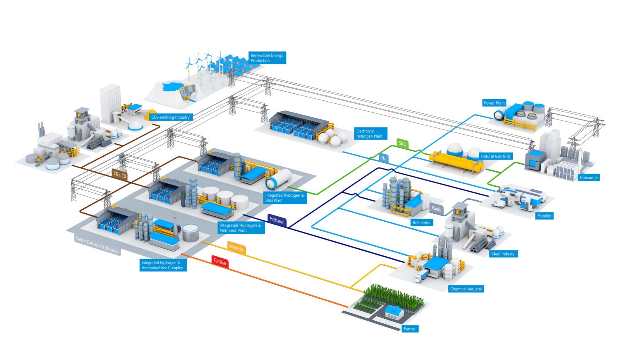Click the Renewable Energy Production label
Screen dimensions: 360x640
(267, 58)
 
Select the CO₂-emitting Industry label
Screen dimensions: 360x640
(171, 117)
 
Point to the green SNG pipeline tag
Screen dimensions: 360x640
(402, 144)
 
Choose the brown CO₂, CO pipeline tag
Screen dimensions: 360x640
(120, 175)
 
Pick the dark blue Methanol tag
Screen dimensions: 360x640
(277, 220)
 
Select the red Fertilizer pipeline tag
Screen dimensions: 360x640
(220, 262)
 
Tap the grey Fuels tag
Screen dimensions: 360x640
(436, 209)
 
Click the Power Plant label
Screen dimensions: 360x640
(494, 103)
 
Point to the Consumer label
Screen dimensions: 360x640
(589, 177)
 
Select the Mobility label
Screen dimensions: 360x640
(544, 216)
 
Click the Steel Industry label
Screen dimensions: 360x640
(502, 254)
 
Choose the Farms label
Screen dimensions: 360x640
(409, 329)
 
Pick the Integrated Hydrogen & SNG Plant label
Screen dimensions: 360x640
(285, 198)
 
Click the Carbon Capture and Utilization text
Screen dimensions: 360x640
(97, 245)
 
